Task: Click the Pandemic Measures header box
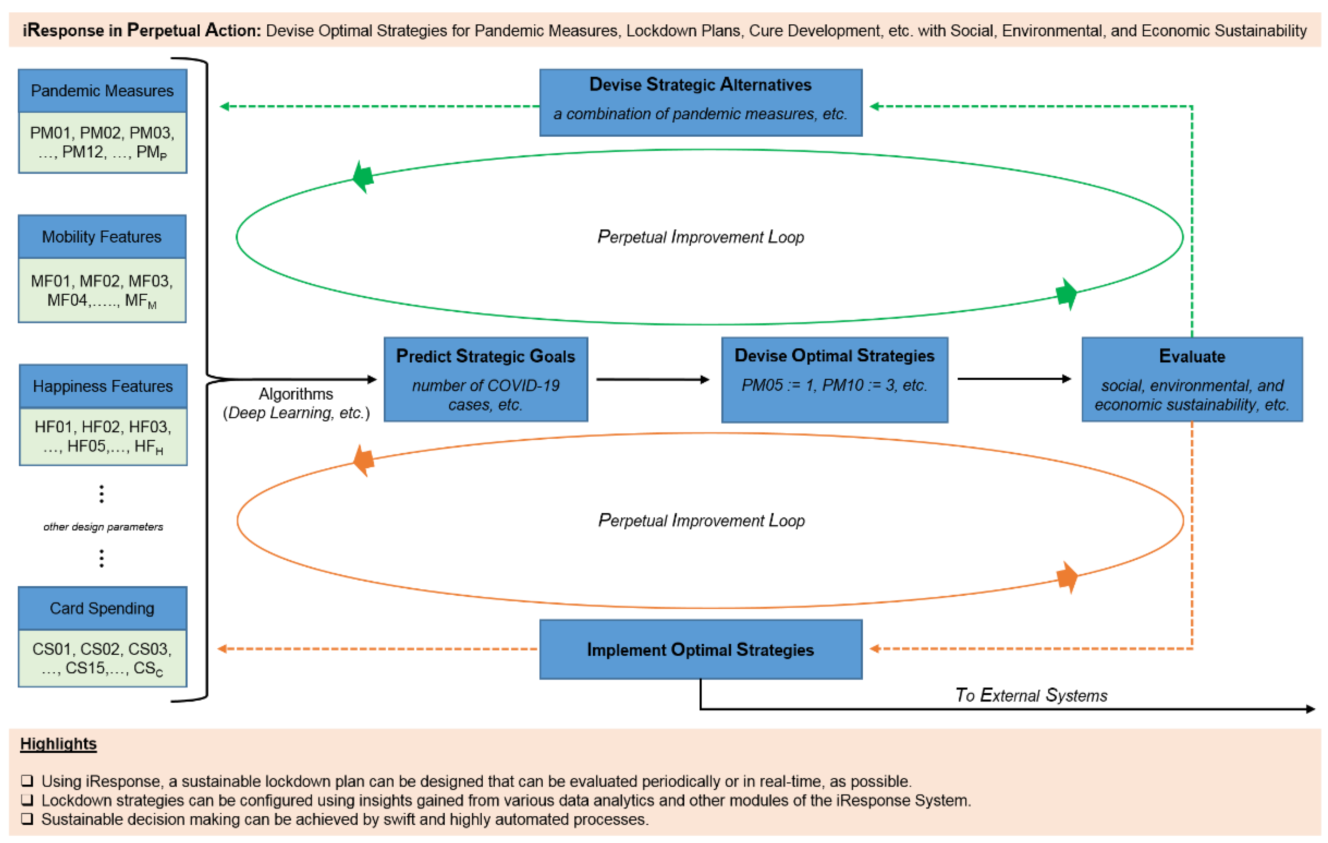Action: click(x=102, y=90)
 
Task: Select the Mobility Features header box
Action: click(x=102, y=236)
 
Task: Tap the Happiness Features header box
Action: click(x=102, y=386)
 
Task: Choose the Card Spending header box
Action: click(x=102, y=608)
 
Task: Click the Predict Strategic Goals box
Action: click(x=485, y=379)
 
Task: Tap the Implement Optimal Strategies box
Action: click(x=700, y=649)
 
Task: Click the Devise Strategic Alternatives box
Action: click(x=700, y=102)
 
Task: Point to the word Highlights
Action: click(x=58, y=744)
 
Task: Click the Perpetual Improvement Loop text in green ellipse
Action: click(x=700, y=237)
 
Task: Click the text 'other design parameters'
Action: click(x=103, y=526)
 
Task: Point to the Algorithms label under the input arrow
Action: click(x=296, y=394)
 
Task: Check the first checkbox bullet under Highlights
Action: click(x=27, y=780)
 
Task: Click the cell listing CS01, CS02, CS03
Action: click(x=102, y=658)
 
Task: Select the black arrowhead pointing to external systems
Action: click(x=1311, y=709)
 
